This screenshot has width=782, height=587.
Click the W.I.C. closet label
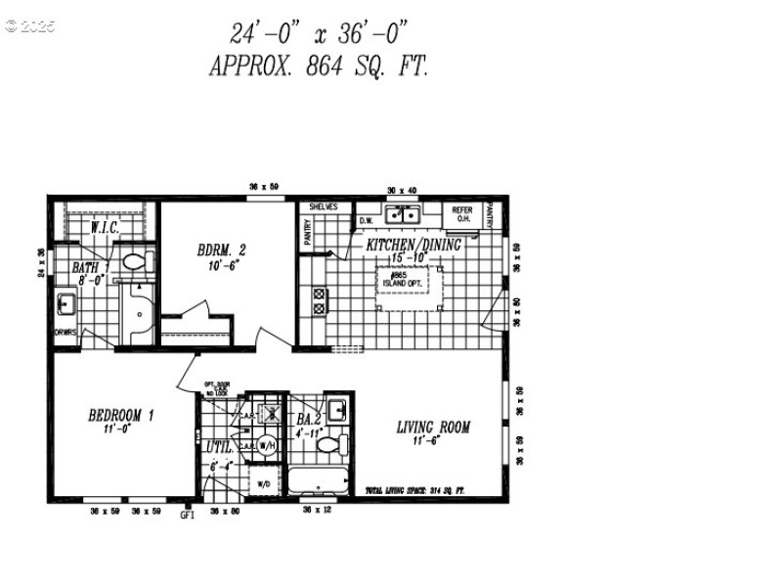point(105,228)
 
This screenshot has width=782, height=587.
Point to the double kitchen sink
point(401,214)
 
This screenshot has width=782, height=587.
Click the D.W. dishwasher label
point(368,220)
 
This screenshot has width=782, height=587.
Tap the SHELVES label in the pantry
point(324,207)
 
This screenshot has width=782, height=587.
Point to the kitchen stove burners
point(319,301)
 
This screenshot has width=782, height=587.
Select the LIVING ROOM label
point(433,428)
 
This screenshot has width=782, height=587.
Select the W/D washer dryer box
point(263,483)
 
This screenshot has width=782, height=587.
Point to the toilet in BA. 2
point(329,446)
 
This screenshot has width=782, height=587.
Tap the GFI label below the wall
point(189,515)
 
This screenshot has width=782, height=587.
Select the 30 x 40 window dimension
point(401,190)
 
